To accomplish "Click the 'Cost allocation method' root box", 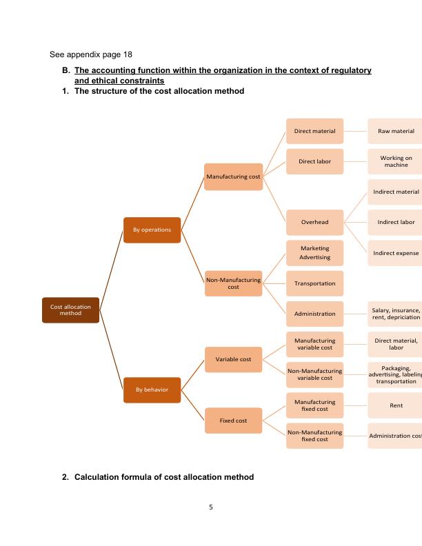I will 70,309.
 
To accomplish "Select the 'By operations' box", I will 152,229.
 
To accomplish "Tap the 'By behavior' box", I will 152,390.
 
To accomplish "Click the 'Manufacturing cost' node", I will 233,177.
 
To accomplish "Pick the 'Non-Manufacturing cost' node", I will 233,283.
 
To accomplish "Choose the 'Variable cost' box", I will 233,359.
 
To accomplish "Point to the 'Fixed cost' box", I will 233,420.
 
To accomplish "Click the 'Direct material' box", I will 314,131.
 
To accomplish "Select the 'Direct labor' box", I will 314,162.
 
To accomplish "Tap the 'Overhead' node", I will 314,222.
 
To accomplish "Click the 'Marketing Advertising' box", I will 314,252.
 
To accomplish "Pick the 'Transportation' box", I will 314,283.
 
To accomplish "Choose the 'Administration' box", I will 314,314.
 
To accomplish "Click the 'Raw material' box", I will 396,131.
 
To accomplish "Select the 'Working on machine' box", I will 396,161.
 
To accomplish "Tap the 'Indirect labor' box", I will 396,222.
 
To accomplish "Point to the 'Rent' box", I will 396,405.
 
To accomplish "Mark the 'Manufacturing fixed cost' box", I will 314,405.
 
